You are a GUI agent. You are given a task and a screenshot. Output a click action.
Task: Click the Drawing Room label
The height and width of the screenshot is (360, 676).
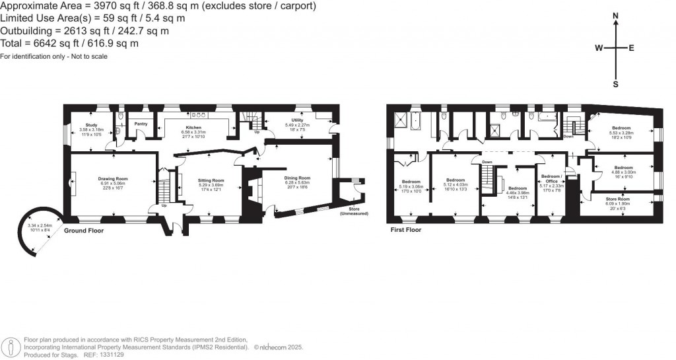click(112, 178)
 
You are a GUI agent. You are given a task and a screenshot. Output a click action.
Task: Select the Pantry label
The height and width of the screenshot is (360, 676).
click(140, 124)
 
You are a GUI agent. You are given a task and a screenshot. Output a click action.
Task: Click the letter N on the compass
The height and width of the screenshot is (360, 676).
click(615, 15)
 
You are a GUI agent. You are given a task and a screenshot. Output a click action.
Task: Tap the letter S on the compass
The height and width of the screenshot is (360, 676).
click(615, 84)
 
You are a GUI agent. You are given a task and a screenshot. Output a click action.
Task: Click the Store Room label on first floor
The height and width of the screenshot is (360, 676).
click(618, 199)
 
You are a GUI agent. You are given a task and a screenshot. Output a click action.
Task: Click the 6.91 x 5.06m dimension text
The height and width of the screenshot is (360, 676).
click(112, 183)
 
